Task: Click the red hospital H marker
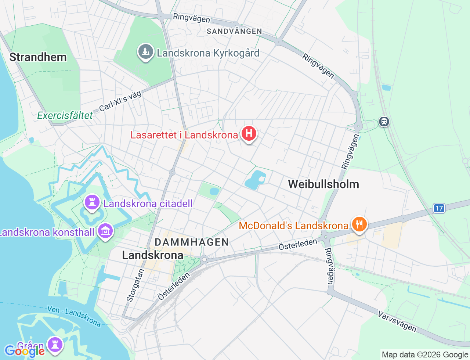tap(249, 134)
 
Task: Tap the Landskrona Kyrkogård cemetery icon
tap(146, 52)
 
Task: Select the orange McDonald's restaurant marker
tap(359, 224)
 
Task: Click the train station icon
tap(384, 121)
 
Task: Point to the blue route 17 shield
tap(439, 208)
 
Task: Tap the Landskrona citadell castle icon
tap(92, 202)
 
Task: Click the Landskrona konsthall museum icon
tap(105, 231)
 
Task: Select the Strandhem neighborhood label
tap(38, 57)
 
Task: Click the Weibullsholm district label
tap(323, 184)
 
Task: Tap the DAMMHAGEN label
tap(192, 242)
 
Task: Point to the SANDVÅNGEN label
tap(234, 31)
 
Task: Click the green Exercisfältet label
tap(65, 116)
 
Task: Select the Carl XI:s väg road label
tap(120, 101)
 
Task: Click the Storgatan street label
tap(135, 285)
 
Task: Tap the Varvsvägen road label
tap(397, 321)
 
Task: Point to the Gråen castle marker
tap(55, 345)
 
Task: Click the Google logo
tap(25, 351)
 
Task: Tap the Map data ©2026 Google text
tap(424, 354)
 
